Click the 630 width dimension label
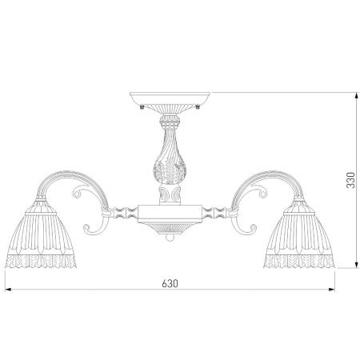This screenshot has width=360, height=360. [x=170, y=283]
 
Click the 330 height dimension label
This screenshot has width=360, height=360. [x=350, y=180]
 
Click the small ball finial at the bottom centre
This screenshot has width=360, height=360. [x=169, y=238]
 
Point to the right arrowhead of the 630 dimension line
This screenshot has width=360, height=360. [x=332, y=290]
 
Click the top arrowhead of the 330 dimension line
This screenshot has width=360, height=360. [x=356, y=96]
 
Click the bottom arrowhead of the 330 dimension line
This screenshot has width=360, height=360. [x=356, y=265]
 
